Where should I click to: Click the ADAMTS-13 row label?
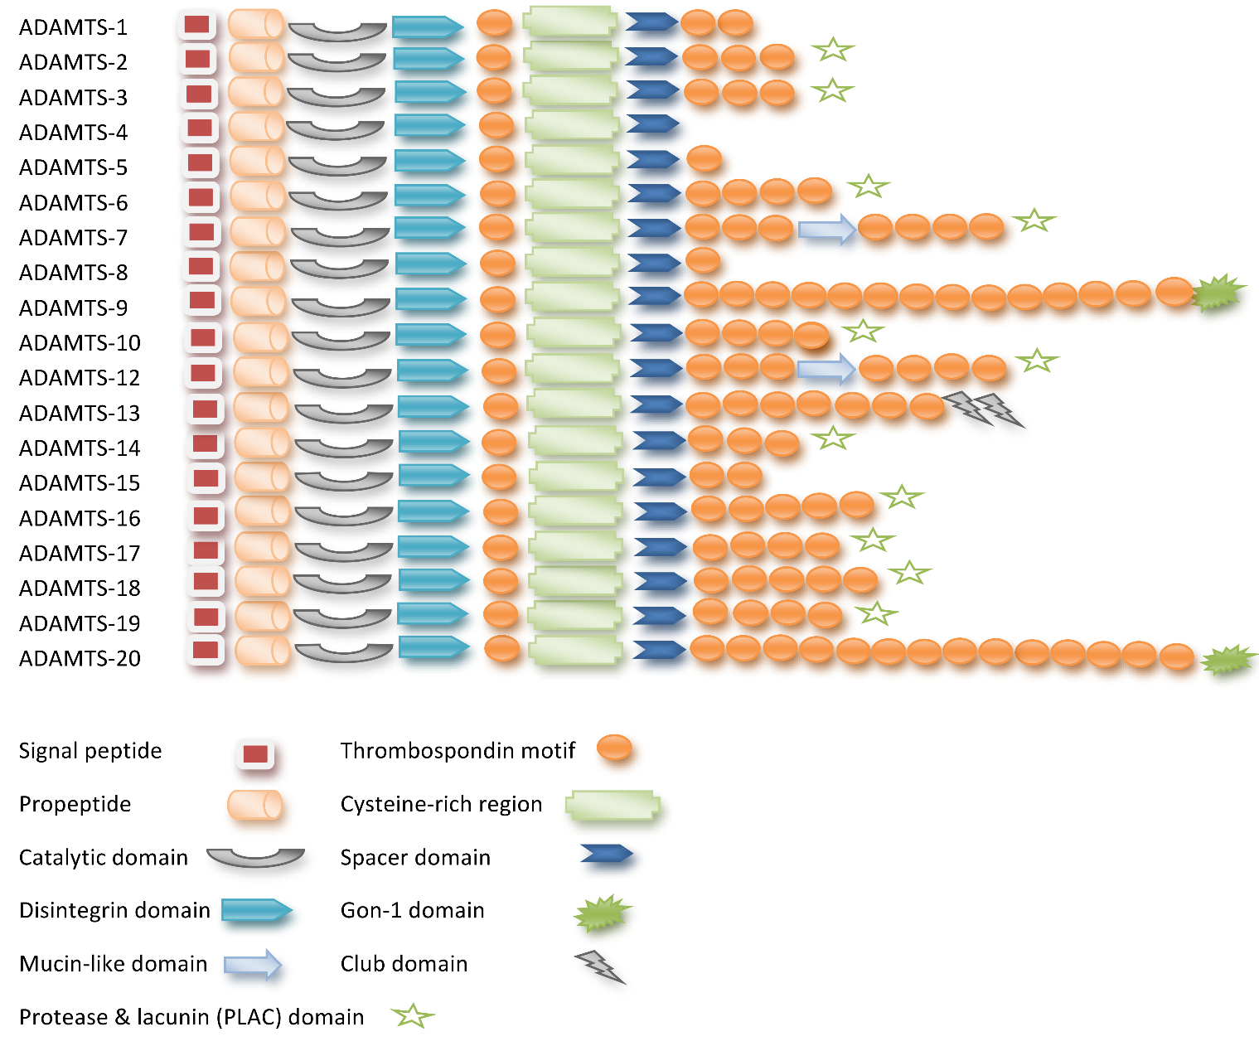point(79,413)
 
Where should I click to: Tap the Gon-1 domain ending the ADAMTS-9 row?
point(1218,293)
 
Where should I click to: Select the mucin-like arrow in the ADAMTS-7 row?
point(826,229)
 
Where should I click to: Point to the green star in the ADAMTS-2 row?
point(833,50)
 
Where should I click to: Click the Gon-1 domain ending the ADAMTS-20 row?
point(1228,661)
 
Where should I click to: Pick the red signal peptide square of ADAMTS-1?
point(196,25)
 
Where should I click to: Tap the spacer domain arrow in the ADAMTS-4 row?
point(652,124)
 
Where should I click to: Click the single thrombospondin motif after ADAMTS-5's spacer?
point(705,158)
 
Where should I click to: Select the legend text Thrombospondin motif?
point(458,751)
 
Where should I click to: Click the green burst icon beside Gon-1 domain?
point(603,913)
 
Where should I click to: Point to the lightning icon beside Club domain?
point(600,966)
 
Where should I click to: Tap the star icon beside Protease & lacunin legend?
point(412,1015)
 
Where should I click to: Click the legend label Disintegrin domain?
point(114,910)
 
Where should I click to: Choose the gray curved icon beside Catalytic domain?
point(255,858)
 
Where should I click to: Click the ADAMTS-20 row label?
point(79,658)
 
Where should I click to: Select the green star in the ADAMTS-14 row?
point(833,437)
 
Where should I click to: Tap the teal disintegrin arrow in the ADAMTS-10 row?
point(430,335)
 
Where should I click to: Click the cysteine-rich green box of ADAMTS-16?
point(574,511)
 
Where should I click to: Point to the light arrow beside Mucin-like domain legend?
point(253,965)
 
